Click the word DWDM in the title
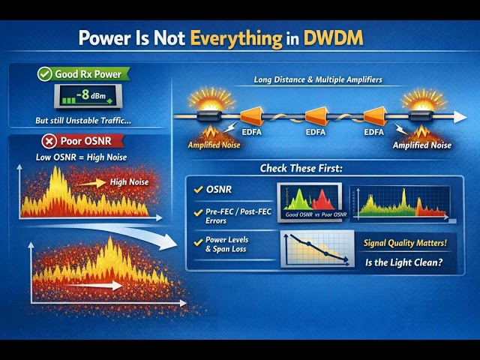coord(333,39)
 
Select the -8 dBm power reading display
coord(85,96)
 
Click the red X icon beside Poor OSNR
coord(49,141)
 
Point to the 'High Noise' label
coord(129,181)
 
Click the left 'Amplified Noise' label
coord(215,145)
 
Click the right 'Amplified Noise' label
coord(422,145)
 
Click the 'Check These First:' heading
coord(301,168)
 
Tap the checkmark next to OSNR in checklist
coord(198,190)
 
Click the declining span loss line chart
coord(316,248)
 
